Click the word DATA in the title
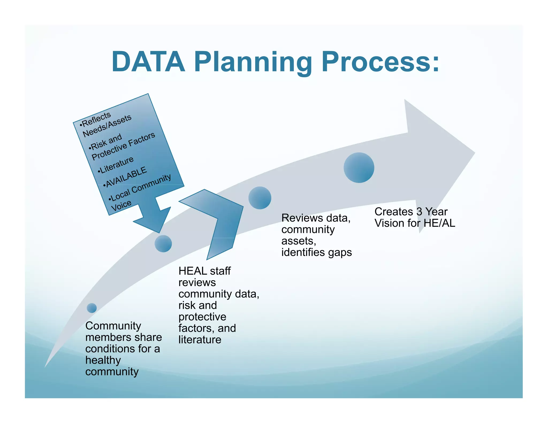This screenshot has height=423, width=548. tap(148, 62)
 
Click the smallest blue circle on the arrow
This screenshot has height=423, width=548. tap(92, 308)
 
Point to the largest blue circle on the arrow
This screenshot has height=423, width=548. tap(359, 168)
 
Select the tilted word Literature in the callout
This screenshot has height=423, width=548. tap(116, 164)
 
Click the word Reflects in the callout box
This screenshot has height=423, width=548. tap(96, 119)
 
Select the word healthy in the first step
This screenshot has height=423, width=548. tap(103, 360)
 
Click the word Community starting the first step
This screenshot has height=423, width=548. tap(113, 326)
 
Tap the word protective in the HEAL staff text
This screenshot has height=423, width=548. tap(202, 317)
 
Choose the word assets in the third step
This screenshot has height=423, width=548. tap(298, 241)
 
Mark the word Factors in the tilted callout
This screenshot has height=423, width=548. tap(142, 139)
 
